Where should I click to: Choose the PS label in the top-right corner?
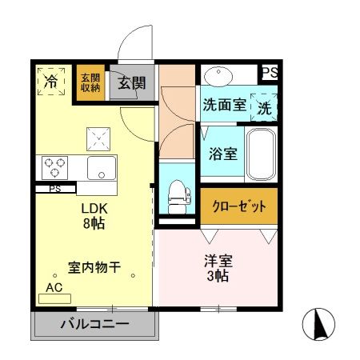(270, 73)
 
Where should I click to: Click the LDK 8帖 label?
(94, 215)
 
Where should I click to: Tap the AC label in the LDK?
(54, 288)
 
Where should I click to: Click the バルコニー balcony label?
(94, 326)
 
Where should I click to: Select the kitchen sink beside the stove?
(103, 168)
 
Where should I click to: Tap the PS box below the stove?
(55, 190)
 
